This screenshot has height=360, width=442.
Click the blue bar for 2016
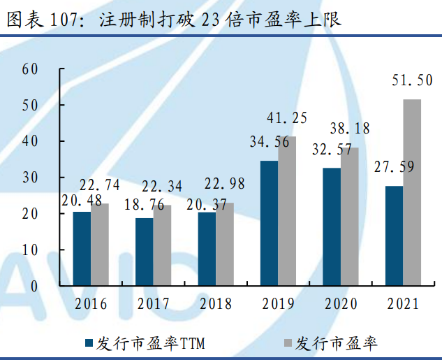tap(82, 248)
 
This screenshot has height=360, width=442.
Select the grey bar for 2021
tap(412, 192)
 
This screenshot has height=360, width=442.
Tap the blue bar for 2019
tap(269, 223)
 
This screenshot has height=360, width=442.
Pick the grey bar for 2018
tap(224, 244)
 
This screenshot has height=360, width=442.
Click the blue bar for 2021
tap(394, 236)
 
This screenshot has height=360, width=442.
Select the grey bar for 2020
tap(349, 216)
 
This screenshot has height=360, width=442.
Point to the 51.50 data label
tap(412, 81)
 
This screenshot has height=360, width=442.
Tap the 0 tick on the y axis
tap(34, 286)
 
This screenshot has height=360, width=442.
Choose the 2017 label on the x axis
tap(153, 304)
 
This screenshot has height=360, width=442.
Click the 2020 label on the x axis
tap(340, 304)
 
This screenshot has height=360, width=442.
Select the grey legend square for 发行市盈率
tap(287, 343)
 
